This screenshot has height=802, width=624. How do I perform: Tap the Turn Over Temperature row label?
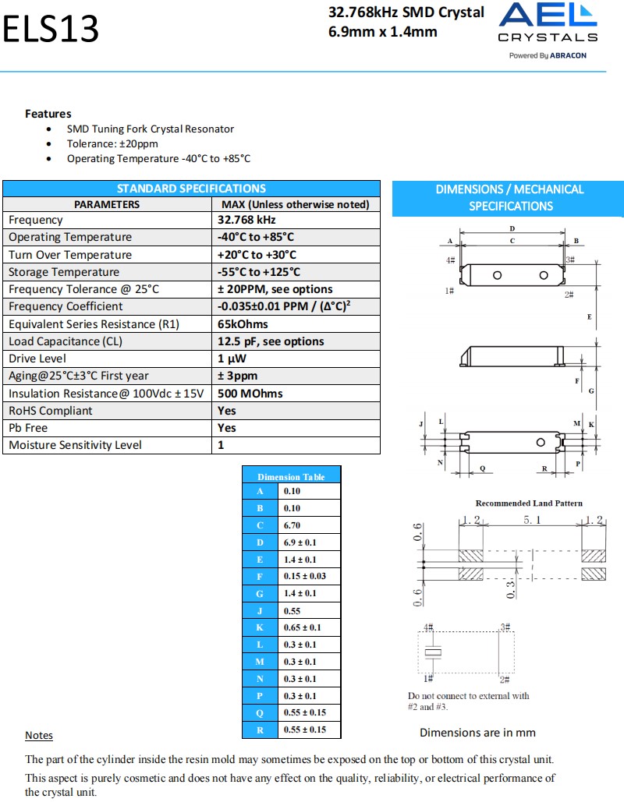tap(70, 255)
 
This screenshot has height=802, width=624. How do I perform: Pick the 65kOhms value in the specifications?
tap(243, 324)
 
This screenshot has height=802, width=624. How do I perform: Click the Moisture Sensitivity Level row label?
tap(75, 445)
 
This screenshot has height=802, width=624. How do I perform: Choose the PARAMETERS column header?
tap(107, 204)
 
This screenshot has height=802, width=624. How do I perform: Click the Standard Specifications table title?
tap(191, 189)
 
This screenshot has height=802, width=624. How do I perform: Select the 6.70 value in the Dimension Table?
tap(292, 525)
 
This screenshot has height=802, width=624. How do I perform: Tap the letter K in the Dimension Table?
tap(260, 627)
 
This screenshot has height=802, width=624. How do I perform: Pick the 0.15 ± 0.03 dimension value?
tap(304, 577)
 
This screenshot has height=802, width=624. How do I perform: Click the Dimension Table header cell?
tap(291, 476)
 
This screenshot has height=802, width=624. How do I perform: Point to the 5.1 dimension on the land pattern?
tap(532, 519)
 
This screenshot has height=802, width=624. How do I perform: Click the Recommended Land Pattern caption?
tap(529, 503)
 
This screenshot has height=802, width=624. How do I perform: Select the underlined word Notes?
tap(39, 736)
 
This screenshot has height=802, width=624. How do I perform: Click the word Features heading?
tap(48, 114)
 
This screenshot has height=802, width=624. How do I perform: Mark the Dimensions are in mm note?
tap(477, 733)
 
